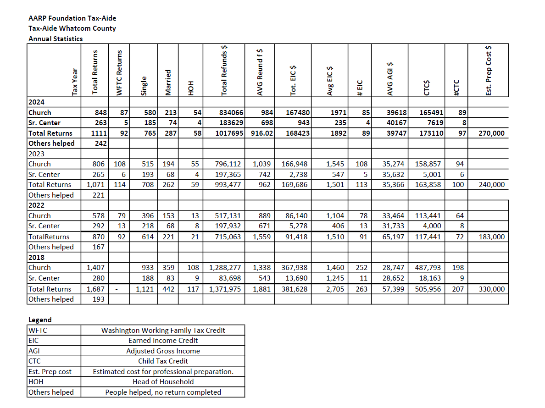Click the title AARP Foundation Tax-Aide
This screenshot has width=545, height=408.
72,18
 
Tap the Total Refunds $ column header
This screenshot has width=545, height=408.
225,71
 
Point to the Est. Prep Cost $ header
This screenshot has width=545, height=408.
489,71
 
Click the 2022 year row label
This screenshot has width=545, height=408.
36,205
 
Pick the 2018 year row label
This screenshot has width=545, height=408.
36,257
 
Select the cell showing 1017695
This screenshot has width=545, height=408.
229,133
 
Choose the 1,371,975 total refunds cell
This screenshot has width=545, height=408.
225,289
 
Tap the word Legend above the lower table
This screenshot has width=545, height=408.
40,320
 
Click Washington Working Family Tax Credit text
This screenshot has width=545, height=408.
163,330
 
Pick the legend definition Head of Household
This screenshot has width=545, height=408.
163,381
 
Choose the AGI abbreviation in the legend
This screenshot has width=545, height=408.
34,351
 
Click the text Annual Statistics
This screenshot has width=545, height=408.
56,39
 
